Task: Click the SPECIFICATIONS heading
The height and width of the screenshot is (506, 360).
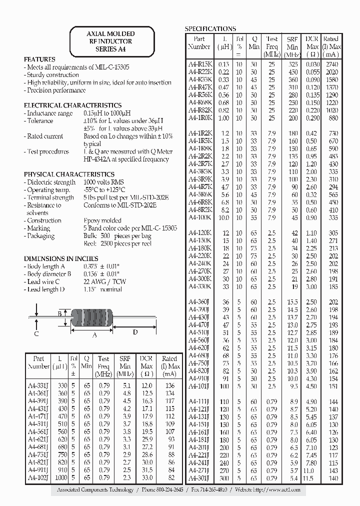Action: pyautogui.click(x=210, y=28)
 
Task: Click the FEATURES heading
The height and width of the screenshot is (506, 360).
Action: pyautogui.click(x=40, y=59)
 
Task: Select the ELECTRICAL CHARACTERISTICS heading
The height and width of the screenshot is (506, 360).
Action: pyautogui.click(x=73, y=105)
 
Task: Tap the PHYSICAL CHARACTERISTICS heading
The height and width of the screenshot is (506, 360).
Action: pyautogui.click(x=69, y=174)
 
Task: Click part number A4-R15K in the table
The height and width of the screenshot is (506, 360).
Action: pyautogui.click(x=200, y=64)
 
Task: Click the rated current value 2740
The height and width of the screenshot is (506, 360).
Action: pyautogui.click(x=331, y=64)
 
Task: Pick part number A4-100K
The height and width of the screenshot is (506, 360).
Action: pyautogui.click(x=200, y=217)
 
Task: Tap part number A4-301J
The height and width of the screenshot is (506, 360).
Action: pyautogui.click(x=200, y=478)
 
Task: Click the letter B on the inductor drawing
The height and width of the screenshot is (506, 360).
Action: pyautogui.click(x=59, y=314)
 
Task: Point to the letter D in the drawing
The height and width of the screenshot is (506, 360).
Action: pyautogui.click(x=135, y=332)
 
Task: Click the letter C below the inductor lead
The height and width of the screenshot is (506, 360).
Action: pyautogui.click(x=36, y=333)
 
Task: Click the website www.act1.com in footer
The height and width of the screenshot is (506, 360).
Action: pyautogui.click(x=283, y=490)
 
